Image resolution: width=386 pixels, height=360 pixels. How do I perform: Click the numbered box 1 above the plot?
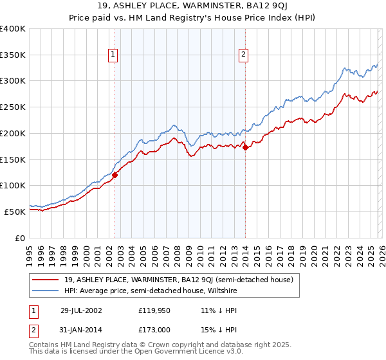click(113, 55)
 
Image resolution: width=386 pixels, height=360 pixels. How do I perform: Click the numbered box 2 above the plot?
click(244, 55)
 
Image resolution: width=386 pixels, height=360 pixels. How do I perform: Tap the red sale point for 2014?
click(246, 147)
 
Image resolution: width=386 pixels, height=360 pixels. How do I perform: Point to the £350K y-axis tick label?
click(13, 55)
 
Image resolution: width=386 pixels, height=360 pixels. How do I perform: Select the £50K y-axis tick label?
click(15, 212)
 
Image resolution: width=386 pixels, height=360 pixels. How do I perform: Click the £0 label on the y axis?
click(21, 238)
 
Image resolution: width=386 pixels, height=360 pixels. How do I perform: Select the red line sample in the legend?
click(46, 280)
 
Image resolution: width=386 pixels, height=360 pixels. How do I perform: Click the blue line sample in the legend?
click(46, 291)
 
